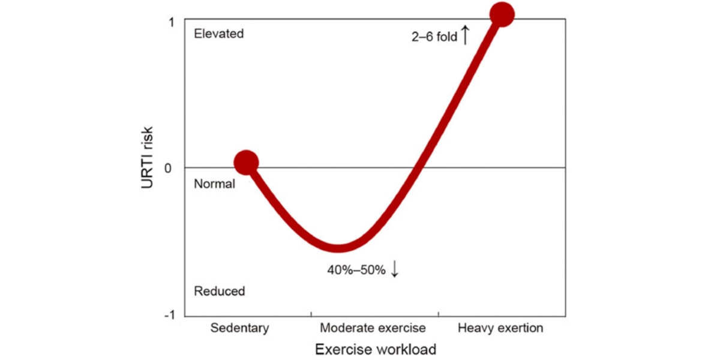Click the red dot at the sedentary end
click(246, 161)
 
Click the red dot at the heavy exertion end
click(502, 14)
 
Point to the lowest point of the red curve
click(338, 247)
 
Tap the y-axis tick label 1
click(172, 22)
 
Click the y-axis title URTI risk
click(148, 158)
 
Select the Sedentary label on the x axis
click(240, 328)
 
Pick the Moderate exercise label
click(373, 328)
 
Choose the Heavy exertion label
click(500, 328)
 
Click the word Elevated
click(219, 34)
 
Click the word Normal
click(214, 184)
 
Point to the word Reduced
click(220, 292)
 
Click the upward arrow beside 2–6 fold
click(464, 35)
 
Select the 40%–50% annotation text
click(356, 270)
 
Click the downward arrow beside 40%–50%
click(394, 269)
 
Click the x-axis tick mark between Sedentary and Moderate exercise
click(311, 314)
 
